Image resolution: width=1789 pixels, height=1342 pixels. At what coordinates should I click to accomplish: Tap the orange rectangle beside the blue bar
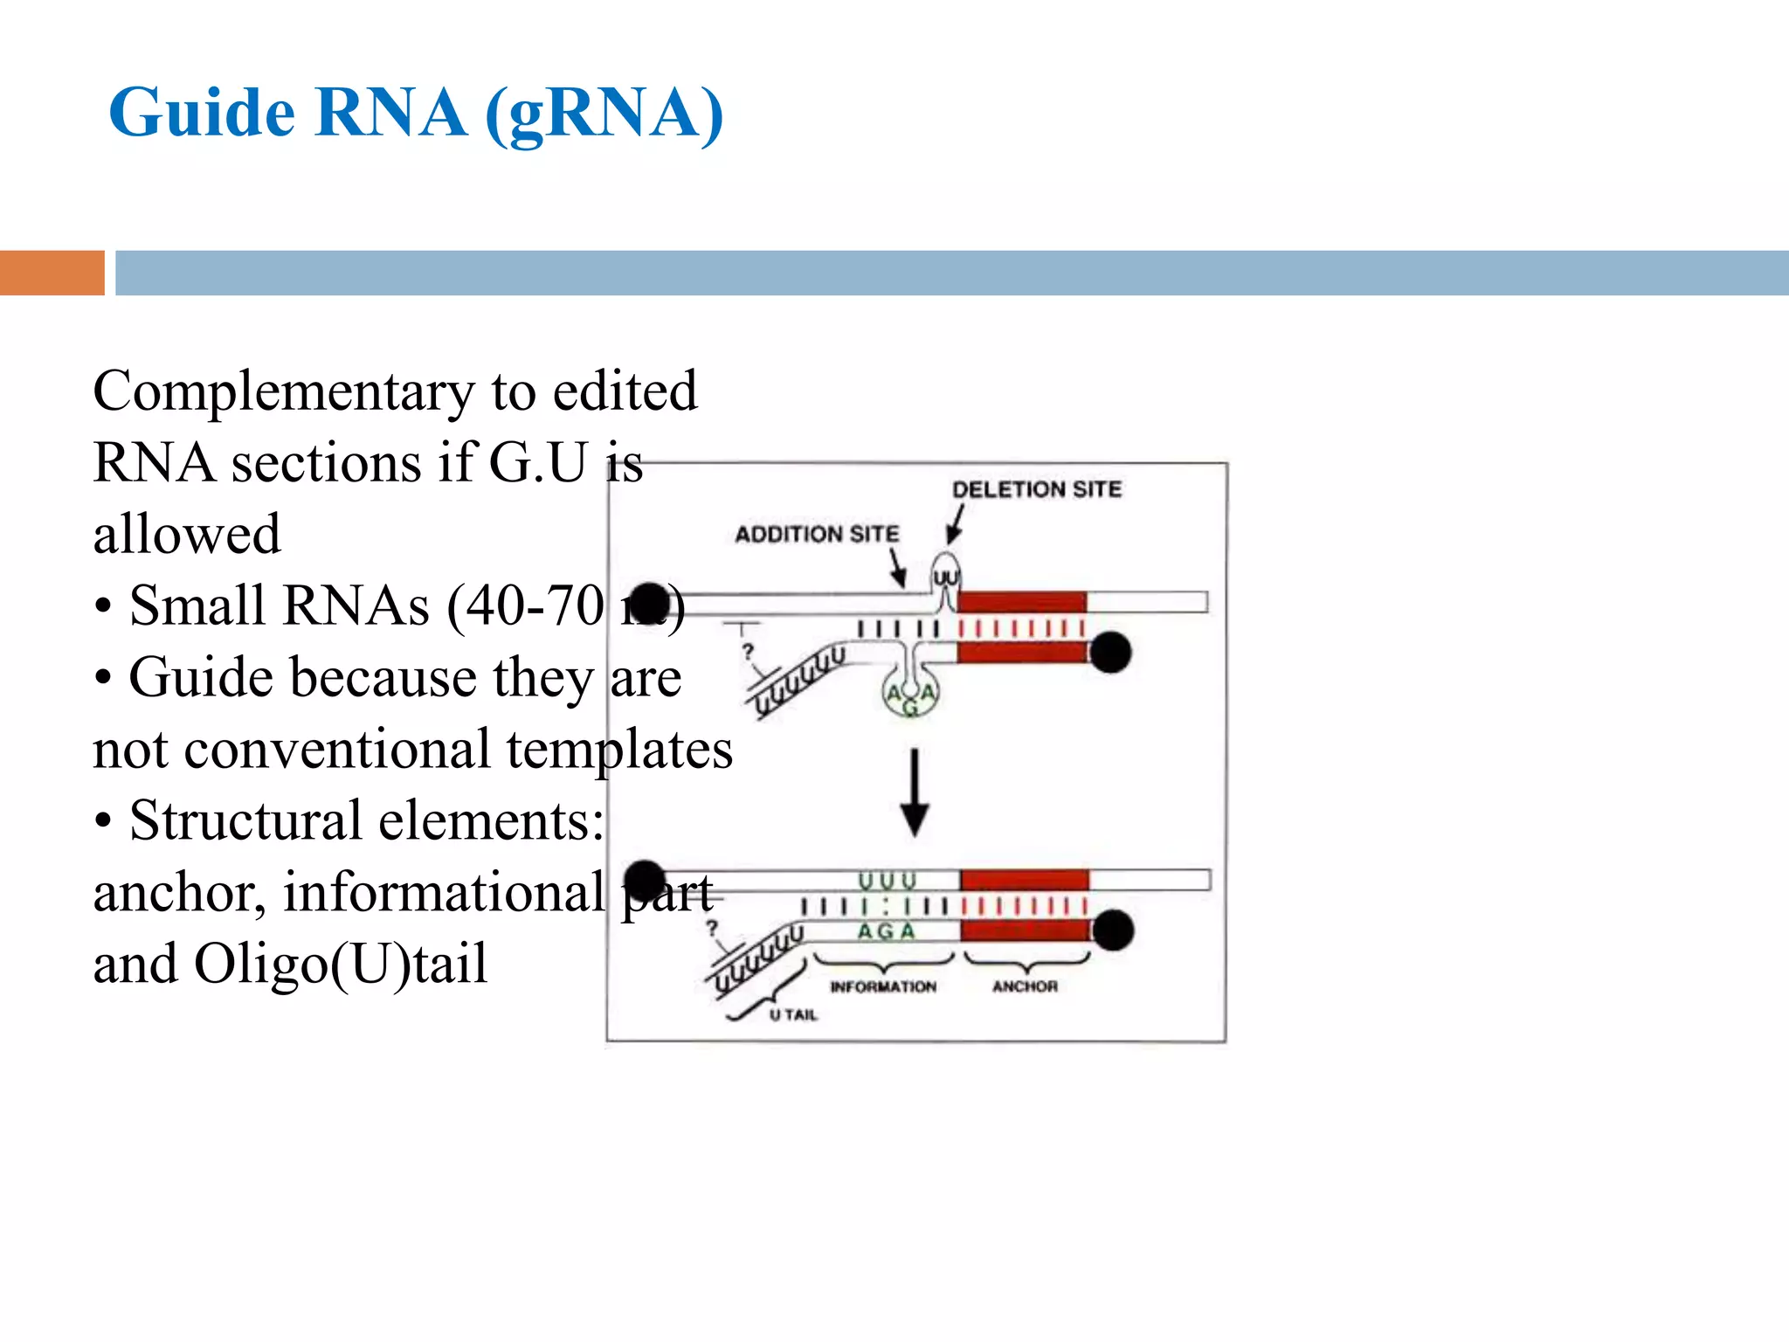click(x=52, y=273)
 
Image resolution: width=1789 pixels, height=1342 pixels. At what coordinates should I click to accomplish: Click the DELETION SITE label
click(x=1036, y=489)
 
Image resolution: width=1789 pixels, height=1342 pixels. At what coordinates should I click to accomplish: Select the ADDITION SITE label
click(x=816, y=534)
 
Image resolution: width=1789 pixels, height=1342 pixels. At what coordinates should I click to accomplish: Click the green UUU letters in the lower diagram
click(x=887, y=881)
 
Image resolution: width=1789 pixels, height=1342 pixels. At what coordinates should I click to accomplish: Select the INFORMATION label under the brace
click(x=882, y=986)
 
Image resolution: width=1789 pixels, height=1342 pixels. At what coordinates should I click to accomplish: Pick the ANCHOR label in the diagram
click(x=1025, y=986)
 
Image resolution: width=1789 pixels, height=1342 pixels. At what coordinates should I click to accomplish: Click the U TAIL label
click(x=793, y=1014)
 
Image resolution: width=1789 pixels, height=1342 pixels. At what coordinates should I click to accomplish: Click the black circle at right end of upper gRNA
click(x=1110, y=652)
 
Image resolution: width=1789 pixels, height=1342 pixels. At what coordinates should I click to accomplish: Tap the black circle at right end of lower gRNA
click(x=1113, y=930)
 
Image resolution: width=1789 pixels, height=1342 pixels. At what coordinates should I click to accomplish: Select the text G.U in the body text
click(x=537, y=462)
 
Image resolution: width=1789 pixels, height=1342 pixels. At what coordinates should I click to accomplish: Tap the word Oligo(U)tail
click(x=340, y=964)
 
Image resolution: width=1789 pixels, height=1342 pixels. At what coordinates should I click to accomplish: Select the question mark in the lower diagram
click(x=712, y=928)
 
